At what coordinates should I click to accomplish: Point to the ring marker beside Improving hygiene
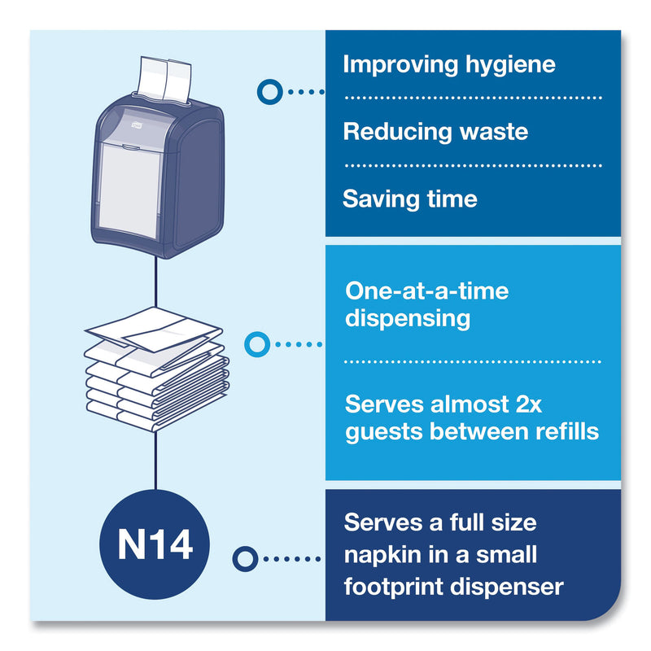pos(269,91)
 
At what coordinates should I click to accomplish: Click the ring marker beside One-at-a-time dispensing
pos(257,344)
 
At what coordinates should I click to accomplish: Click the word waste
pos(488,131)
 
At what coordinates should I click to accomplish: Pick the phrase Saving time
pos(409,199)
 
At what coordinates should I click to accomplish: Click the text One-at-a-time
pos(426,290)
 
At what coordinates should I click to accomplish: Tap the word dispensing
pos(408,317)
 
